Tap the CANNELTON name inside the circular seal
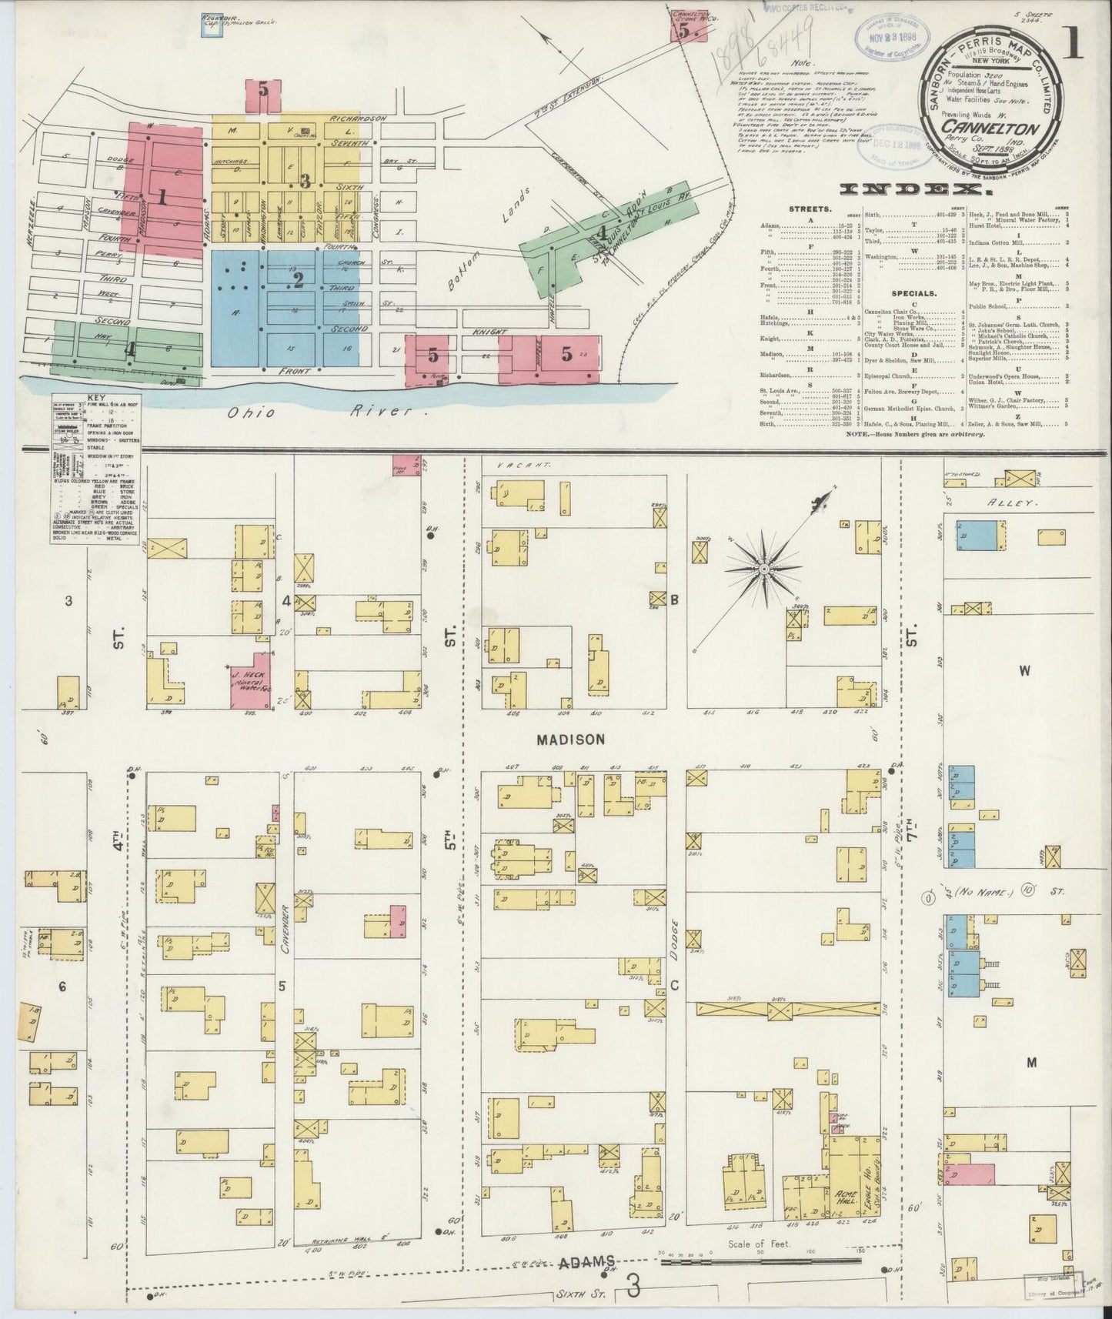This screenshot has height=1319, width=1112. point(994,126)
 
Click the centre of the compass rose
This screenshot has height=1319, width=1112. point(764,568)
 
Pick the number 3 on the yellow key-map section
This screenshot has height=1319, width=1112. point(306,182)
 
